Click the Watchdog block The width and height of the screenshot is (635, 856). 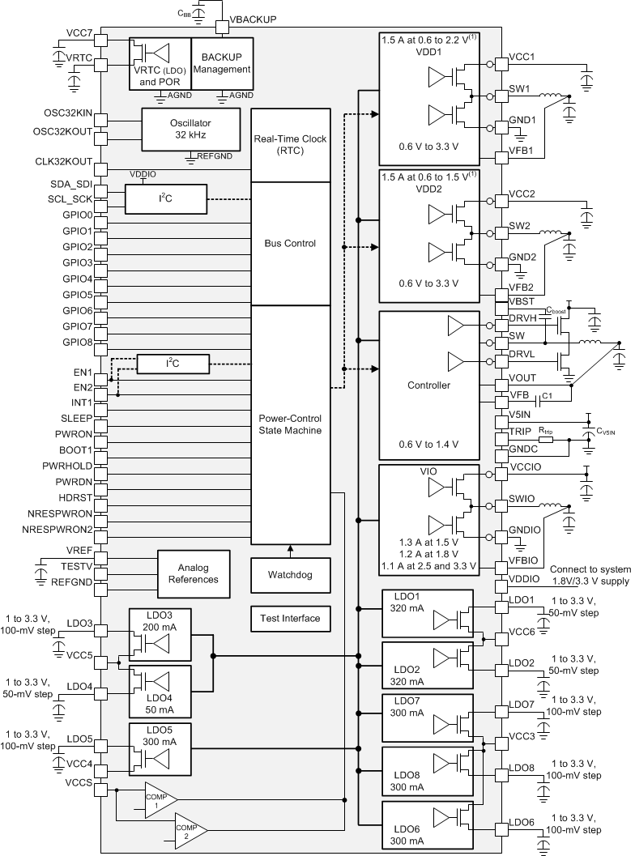[x=290, y=575]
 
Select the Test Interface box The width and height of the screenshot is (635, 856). [x=290, y=618]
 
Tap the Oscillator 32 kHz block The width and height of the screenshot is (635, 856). [x=191, y=129]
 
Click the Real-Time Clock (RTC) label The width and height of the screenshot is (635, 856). [x=291, y=144]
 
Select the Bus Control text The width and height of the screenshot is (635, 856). [x=290, y=243]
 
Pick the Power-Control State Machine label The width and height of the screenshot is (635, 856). [x=290, y=424]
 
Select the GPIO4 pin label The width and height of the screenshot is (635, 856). [x=78, y=279]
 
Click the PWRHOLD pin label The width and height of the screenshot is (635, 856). [x=68, y=466]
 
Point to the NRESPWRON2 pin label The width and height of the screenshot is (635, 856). [x=58, y=529]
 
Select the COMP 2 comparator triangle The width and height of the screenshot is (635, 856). [x=189, y=829]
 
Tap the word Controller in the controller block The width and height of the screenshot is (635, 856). [x=428, y=385]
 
